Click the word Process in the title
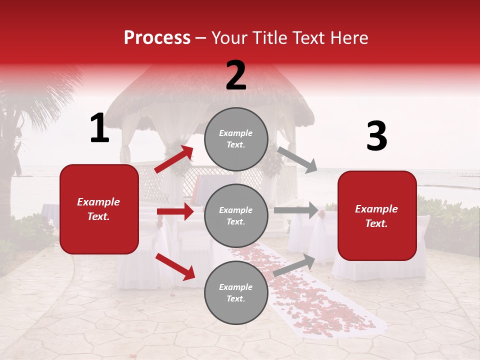(x=157, y=38)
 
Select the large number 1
(x=99, y=128)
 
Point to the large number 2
(x=236, y=75)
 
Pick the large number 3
(x=376, y=136)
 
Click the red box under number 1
(x=99, y=209)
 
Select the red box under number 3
(x=377, y=216)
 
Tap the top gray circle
(x=236, y=139)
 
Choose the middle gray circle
(x=236, y=215)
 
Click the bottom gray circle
(x=236, y=292)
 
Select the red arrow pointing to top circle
(x=174, y=159)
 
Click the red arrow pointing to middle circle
(x=175, y=211)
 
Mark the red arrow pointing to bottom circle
(x=175, y=266)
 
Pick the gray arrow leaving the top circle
(x=297, y=159)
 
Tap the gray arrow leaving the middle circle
(x=296, y=210)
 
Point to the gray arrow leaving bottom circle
(x=294, y=264)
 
